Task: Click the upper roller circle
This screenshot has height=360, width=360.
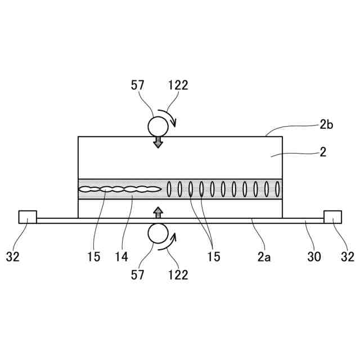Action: coord(158,125)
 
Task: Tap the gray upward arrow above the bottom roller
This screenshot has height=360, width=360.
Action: coord(158,212)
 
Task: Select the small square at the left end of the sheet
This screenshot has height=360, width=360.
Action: coord(28,217)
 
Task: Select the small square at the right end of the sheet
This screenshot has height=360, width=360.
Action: coord(332,217)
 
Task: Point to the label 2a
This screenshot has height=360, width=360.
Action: coord(264,257)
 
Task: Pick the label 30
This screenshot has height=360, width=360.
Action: coord(314,257)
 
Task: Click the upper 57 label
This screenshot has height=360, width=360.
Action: coord(138,85)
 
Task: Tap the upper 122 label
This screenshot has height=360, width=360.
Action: coord(178,85)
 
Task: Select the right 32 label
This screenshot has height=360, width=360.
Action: coord(348,257)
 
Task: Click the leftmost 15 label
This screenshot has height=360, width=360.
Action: coord(93,257)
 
